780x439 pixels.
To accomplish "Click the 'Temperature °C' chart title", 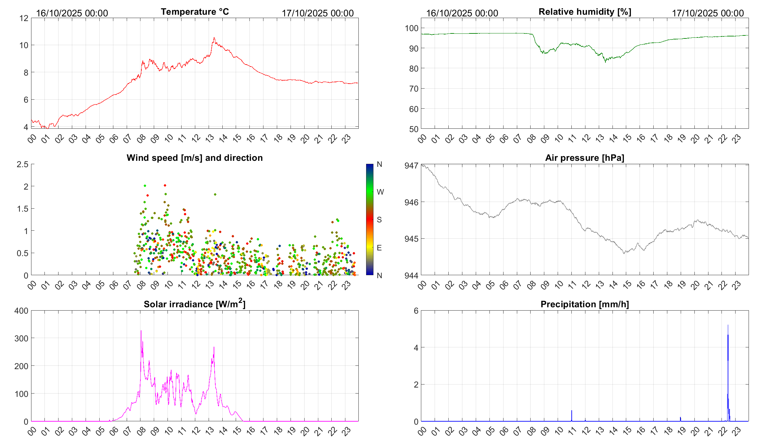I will pyautogui.click(x=195, y=12).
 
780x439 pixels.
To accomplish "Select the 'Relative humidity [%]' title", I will pyautogui.click(x=585, y=12).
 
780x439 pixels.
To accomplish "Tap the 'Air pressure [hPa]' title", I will pyautogui.click(x=584, y=158).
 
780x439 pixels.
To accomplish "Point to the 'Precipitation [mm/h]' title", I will pyautogui.click(x=584, y=304).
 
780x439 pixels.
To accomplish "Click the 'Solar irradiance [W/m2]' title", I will pyautogui.click(x=195, y=304).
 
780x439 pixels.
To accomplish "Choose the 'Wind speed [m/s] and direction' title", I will pyautogui.click(x=195, y=158).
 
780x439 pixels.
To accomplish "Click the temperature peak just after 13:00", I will pyautogui.click(x=214, y=38).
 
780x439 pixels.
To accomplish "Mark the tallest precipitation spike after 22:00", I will pyautogui.click(x=728, y=325).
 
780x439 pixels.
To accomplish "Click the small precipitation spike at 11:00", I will pyautogui.click(x=572, y=411).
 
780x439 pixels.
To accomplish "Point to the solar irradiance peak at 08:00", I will pyautogui.click(x=141, y=331).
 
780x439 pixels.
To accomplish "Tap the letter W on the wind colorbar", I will pyautogui.click(x=380, y=192).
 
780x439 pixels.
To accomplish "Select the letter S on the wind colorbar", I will pyautogui.click(x=379, y=220).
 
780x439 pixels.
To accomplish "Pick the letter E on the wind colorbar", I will pyautogui.click(x=379, y=248).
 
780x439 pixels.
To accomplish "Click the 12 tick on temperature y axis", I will pyautogui.click(x=24, y=18).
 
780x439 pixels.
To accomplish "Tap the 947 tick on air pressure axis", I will pyautogui.click(x=411, y=166).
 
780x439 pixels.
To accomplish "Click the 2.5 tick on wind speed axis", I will pyautogui.click(x=23, y=164).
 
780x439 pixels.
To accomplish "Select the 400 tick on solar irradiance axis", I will pyautogui.click(x=21, y=311).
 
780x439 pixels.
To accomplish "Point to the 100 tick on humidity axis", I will pyautogui.click(x=412, y=28).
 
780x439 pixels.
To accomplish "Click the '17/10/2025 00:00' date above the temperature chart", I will pyautogui.click(x=318, y=13).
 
